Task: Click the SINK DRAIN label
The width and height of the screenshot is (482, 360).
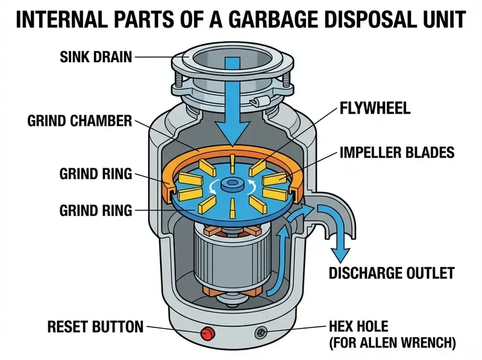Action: click(96, 58)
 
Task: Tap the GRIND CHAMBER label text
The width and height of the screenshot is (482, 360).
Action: click(79, 121)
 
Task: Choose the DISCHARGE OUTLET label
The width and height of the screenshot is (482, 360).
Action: click(390, 273)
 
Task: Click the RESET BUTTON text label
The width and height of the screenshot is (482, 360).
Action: click(96, 327)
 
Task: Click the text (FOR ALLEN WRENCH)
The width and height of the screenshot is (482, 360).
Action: click(392, 344)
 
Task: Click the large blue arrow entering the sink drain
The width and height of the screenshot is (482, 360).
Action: click(231, 103)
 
